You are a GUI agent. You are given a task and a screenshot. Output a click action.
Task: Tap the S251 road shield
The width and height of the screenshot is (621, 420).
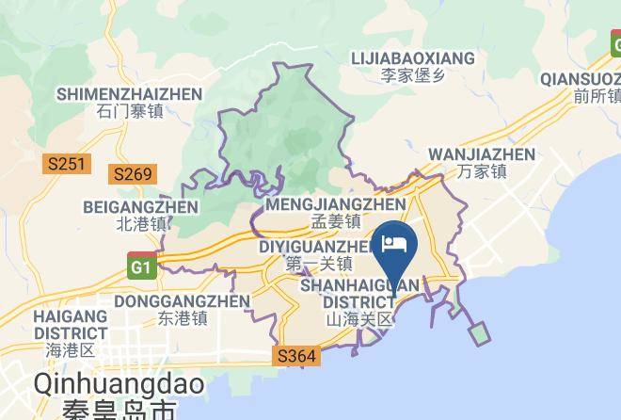[66, 165]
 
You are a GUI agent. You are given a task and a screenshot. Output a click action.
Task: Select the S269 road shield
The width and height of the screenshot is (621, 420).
[132, 174]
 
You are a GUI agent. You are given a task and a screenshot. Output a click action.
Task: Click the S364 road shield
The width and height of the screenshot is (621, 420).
[297, 357]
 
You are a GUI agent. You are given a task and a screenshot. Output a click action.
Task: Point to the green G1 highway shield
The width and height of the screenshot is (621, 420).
[142, 265]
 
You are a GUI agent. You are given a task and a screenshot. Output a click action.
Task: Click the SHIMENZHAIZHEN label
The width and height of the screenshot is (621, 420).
[129, 94]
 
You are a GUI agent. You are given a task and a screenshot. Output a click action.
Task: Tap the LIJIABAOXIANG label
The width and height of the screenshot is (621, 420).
[413, 58]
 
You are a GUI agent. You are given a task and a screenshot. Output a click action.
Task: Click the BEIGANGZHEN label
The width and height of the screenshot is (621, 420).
[140, 207]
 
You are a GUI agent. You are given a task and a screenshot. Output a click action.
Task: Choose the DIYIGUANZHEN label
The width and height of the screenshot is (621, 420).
[318, 247]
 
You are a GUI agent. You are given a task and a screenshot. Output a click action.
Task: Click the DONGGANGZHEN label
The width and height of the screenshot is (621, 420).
[182, 301]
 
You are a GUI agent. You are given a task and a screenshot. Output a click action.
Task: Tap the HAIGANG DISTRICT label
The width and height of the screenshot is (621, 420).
[71, 324]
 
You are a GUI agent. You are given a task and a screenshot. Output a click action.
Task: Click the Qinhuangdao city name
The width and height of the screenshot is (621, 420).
[104, 385]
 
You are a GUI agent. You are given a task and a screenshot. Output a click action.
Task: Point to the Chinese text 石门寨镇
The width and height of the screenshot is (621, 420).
[129, 111]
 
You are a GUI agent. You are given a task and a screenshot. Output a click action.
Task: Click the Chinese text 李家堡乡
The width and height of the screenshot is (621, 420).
[413, 75]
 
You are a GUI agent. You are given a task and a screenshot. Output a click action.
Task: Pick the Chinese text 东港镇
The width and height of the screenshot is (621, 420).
[182, 318]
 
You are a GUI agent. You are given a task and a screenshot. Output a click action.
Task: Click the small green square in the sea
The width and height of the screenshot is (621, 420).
[480, 333]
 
